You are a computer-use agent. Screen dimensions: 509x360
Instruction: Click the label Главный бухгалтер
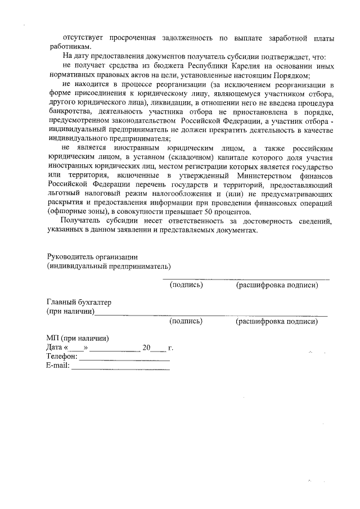click(x=79, y=302)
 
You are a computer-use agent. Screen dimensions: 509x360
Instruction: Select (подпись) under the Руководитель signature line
click(x=186, y=285)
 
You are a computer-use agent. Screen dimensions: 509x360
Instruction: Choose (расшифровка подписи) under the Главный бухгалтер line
click(x=277, y=321)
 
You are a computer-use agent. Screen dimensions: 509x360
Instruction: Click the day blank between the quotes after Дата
click(x=76, y=349)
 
